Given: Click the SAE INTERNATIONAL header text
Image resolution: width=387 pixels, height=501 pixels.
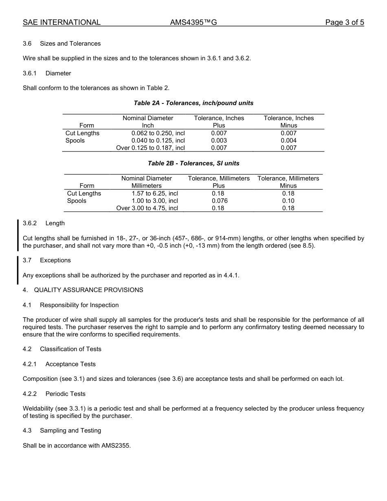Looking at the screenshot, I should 62,22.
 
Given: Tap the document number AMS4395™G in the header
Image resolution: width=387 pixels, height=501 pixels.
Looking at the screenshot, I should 193,22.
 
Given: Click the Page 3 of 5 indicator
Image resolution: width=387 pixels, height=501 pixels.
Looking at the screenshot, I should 344,22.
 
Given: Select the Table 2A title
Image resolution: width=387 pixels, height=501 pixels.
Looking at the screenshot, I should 193,103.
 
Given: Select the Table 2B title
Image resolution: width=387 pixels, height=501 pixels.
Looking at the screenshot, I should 193,163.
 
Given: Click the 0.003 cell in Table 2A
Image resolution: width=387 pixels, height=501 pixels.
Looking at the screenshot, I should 219,141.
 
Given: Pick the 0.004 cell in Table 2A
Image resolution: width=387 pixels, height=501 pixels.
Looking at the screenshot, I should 288,141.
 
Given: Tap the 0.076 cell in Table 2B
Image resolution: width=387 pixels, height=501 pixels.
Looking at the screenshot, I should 220,201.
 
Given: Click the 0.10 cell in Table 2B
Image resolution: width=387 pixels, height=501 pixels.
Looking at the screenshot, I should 288,201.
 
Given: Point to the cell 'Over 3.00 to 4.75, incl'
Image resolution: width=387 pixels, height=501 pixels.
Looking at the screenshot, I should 147,208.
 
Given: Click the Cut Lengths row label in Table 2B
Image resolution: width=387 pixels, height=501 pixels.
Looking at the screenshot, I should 84,193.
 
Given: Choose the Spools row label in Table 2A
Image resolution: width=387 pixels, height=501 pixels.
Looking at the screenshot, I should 75,141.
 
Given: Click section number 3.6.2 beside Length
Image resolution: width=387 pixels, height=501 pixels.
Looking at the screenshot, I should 30,223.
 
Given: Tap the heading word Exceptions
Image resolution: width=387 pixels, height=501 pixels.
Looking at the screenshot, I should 55,260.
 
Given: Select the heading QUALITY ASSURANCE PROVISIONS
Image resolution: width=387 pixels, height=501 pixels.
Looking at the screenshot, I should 88,290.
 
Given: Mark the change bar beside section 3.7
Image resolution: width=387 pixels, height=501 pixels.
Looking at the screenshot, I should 18,270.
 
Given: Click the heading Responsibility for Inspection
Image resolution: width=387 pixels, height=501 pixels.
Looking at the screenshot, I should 79,305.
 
